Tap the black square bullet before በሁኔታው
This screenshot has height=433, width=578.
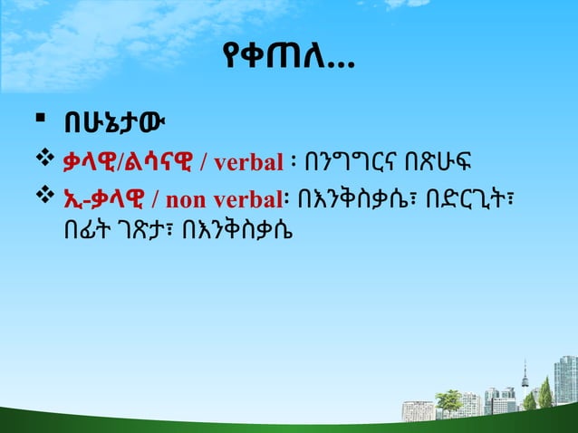[30, 120]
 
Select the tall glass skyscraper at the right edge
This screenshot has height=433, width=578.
[564, 379]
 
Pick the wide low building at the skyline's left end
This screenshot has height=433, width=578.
[418, 410]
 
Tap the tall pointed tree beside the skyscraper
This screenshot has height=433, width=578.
[544, 392]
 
